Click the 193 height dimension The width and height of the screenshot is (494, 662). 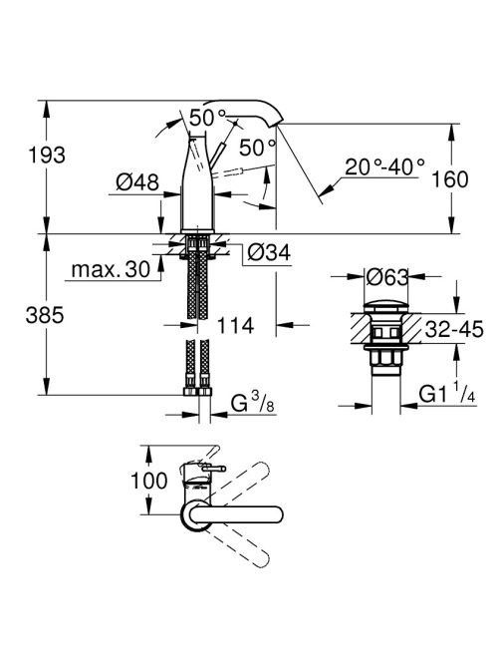(x=47, y=156)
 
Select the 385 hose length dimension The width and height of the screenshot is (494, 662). (x=45, y=315)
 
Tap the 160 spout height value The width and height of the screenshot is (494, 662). (x=450, y=179)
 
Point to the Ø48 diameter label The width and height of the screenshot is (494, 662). (x=137, y=182)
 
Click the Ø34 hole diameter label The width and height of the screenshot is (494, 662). (x=269, y=253)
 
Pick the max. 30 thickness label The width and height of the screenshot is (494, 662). (x=111, y=269)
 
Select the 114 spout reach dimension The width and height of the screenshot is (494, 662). (x=235, y=325)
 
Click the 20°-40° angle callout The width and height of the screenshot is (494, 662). (x=384, y=167)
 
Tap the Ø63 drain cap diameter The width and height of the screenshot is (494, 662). (x=387, y=278)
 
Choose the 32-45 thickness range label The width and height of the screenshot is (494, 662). (x=454, y=329)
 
